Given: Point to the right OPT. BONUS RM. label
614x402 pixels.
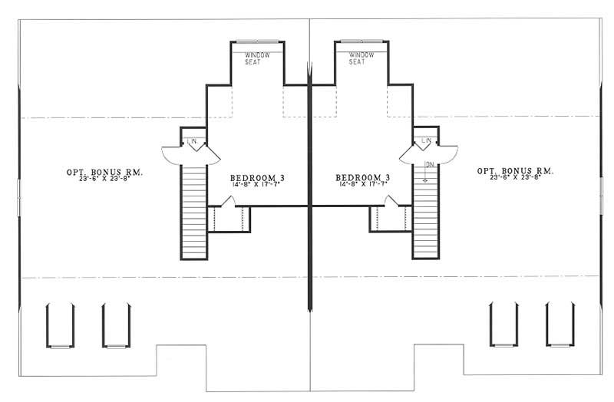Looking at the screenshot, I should click(x=515, y=170).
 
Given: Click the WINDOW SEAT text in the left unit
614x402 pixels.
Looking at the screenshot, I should click(x=253, y=58).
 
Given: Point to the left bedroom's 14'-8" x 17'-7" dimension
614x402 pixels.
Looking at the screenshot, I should click(x=258, y=185).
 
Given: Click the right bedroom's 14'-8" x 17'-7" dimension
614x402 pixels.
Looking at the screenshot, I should click(x=363, y=185).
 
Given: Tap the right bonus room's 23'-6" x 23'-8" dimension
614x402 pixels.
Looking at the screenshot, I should click(x=515, y=178).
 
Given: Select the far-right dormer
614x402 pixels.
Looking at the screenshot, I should click(x=559, y=325).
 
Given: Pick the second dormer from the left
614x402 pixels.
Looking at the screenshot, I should click(x=114, y=325).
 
